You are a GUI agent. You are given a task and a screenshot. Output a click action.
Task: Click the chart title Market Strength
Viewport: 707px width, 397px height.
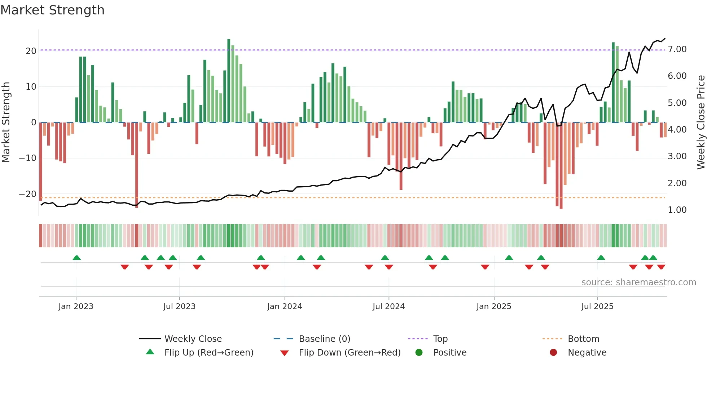pos(52,10)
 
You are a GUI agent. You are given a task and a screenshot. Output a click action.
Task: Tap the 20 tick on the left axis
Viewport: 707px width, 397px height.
pos(31,51)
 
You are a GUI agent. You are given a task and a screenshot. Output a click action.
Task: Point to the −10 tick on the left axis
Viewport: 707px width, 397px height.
pos(28,158)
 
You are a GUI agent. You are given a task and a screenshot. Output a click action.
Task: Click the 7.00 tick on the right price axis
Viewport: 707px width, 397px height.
pos(677,49)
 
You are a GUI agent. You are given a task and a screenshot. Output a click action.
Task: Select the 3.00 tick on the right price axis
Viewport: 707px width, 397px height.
pos(677,156)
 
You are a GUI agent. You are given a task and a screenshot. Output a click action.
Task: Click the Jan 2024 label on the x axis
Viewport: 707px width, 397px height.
pos(284,307)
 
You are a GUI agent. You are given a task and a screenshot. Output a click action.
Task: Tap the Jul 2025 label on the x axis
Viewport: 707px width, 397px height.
pos(597,307)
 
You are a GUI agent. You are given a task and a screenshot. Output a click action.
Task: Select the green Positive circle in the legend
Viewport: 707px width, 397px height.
pos(419,352)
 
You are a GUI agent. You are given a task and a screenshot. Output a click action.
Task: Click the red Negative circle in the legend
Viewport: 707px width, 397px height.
pos(553,352)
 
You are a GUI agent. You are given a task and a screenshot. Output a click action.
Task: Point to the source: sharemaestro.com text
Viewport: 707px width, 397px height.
pos(638,282)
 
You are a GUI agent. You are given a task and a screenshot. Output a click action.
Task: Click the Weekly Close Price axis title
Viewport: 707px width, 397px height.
pos(701,122)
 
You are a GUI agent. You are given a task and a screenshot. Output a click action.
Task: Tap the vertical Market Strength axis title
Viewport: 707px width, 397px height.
pos(6,122)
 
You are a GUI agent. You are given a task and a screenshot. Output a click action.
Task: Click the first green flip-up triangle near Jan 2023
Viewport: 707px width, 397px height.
pos(76,258)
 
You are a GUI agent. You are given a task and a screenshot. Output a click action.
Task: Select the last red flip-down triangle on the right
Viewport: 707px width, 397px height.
pos(661,267)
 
